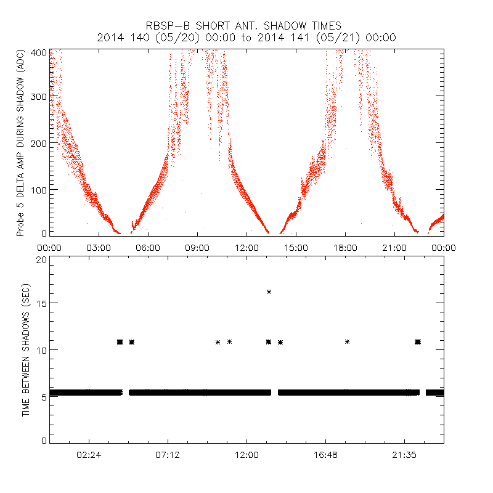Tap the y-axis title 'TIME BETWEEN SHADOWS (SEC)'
26,350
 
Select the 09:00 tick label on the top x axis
197,247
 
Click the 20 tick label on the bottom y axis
41,259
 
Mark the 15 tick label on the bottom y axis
41,303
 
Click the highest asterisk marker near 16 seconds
269,291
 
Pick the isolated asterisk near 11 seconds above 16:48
348,341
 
